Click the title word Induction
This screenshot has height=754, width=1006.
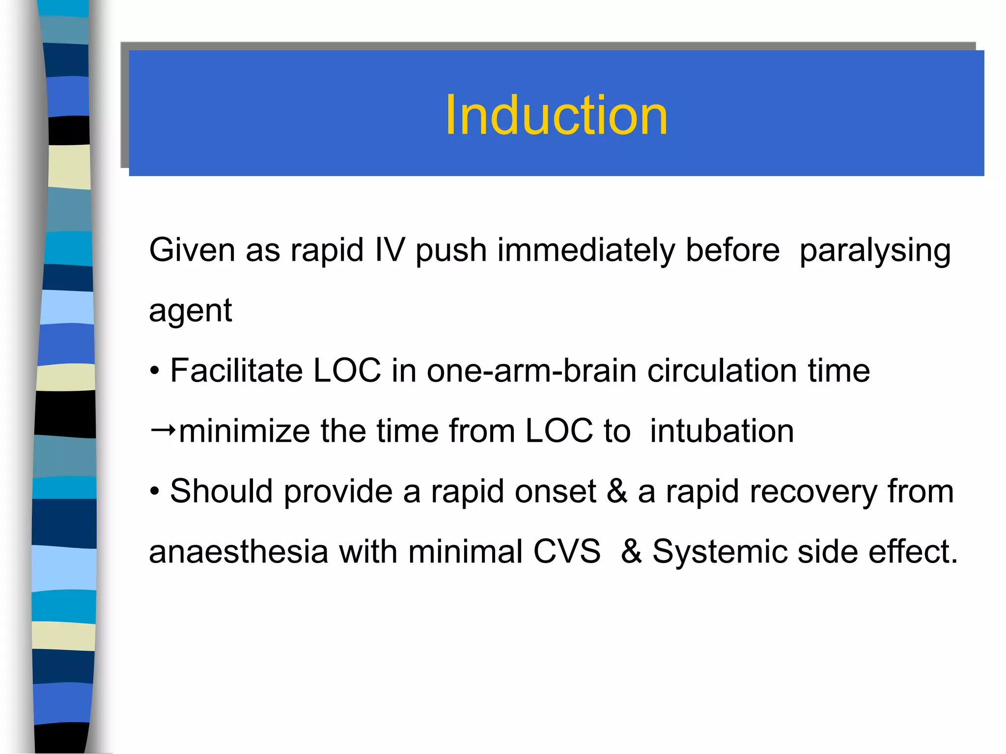coord(556,116)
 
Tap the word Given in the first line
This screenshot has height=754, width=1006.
coord(192,250)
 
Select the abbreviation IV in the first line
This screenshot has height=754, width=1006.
coord(390,250)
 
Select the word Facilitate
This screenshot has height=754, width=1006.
coord(236,371)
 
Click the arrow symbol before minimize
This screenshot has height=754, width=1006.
coord(163,431)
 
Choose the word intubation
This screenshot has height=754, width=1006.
coord(722,431)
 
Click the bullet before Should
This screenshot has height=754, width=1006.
coord(155,492)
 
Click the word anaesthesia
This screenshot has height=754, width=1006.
coord(238,552)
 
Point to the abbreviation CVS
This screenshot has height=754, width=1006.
coord(567,552)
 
